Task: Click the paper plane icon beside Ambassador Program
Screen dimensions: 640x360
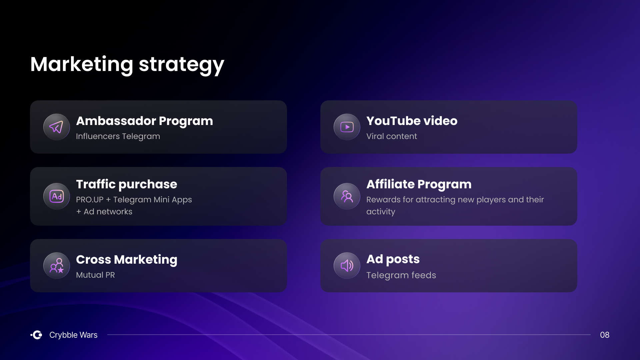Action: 56,127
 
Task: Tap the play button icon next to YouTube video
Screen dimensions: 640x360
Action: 347,127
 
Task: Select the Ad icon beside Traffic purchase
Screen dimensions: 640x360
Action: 57,196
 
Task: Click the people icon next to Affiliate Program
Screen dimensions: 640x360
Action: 347,196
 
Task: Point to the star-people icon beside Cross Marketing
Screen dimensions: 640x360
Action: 57,266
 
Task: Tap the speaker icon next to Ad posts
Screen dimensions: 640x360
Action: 347,266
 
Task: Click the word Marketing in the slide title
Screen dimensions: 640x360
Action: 82,64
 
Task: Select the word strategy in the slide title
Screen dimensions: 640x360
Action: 182,65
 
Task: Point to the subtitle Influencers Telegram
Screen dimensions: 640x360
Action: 118,136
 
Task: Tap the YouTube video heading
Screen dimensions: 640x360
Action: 412,121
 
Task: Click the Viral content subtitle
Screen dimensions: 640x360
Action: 391,136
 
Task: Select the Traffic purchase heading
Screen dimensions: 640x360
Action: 127,184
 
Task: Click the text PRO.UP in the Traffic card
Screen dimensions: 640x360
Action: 90,200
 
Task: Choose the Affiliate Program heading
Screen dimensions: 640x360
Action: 419,184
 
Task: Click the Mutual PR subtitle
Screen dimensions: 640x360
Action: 95,275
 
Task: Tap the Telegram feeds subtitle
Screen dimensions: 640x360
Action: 401,275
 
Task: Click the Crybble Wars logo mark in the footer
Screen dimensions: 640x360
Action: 36,335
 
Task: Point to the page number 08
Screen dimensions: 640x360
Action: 605,335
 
